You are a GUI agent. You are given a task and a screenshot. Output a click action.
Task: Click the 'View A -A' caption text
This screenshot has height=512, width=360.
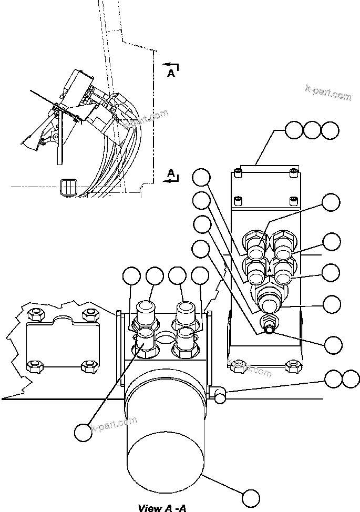162,507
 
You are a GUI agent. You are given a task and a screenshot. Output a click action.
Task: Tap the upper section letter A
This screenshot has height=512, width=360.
171,74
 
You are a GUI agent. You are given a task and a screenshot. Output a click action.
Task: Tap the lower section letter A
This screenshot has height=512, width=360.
171,172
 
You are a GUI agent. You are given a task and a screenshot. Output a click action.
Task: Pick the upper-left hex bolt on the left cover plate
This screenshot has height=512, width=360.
35,315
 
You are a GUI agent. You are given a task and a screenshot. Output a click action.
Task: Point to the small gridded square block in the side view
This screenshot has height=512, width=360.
69,186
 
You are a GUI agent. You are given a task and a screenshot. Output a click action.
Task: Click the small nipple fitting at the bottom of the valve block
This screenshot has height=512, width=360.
269,328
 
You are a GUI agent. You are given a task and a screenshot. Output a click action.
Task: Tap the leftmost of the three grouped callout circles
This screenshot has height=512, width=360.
294,130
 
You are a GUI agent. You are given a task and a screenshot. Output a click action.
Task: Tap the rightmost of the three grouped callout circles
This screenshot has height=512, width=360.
330,130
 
